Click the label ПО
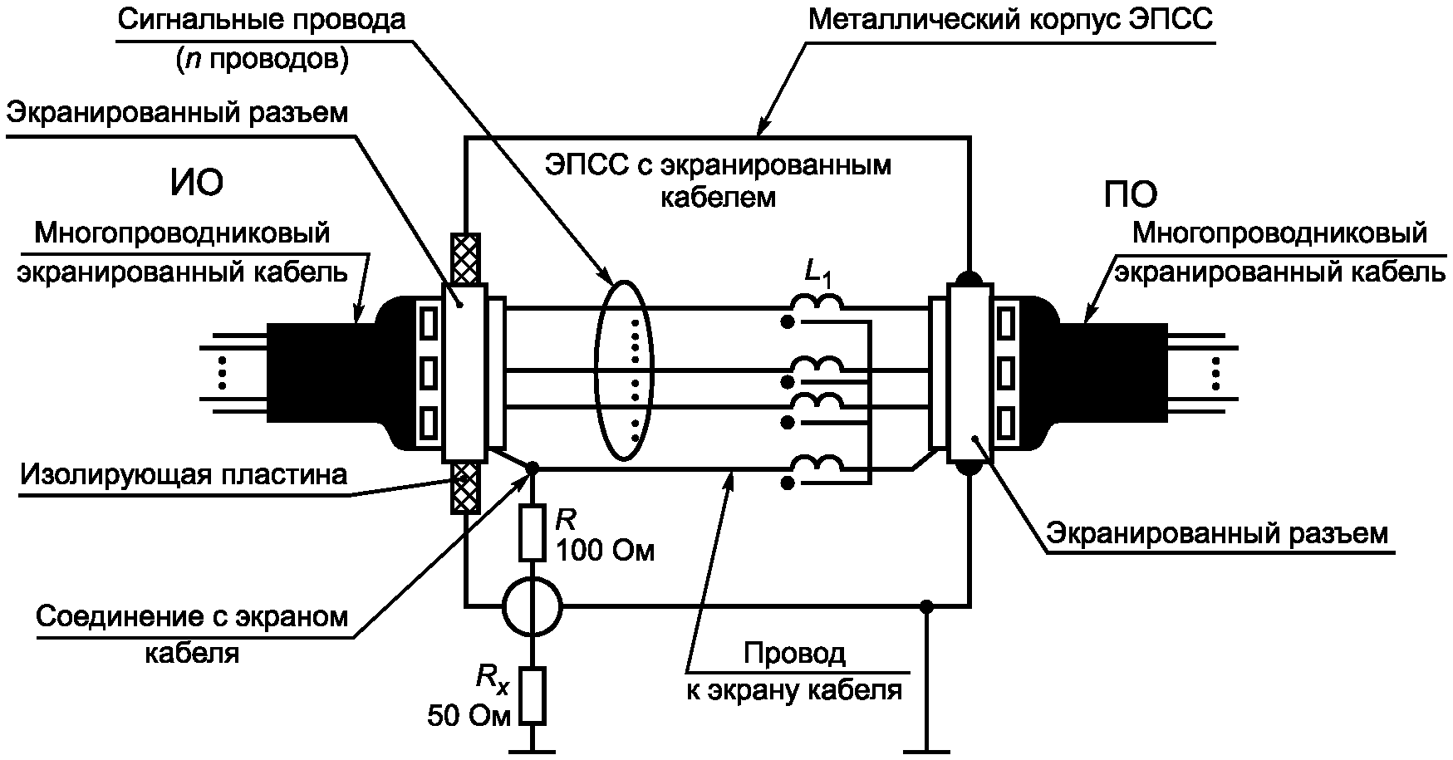pyautogui.click(x=1131, y=195)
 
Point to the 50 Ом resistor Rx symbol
pyautogui.click(x=533, y=695)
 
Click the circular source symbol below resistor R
pyautogui.click(x=533, y=607)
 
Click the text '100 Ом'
pyautogui.click(x=606, y=551)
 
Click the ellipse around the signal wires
pyautogui.click(x=600, y=370)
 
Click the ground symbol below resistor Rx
pyautogui.click(x=533, y=750)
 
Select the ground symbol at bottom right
pyautogui.click(x=928, y=750)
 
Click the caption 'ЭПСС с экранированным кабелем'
pyautogui.click(x=718, y=180)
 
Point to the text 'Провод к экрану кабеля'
pyautogui.click(x=794, y=672)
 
